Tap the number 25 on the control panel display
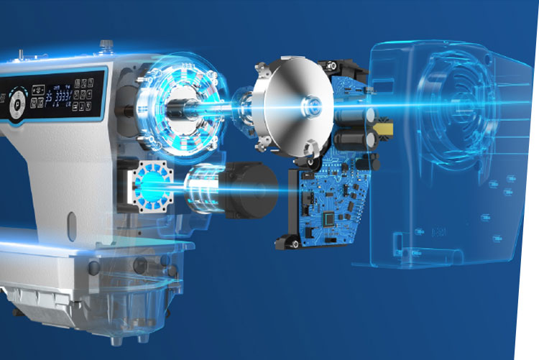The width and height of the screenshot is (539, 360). click(x=48, y=97)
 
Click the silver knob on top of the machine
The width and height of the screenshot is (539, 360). click(x=108, y=45)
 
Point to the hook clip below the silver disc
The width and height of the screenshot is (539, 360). click(x=310, y=150)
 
